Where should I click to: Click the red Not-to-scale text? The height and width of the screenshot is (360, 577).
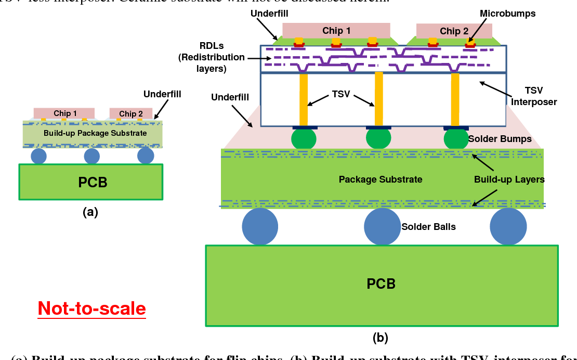92,308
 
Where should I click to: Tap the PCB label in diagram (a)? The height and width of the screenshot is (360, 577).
93,182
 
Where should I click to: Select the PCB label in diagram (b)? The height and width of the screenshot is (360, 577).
381,284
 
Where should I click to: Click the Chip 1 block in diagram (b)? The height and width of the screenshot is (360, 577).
336,31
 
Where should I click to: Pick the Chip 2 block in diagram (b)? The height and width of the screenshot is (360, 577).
454,31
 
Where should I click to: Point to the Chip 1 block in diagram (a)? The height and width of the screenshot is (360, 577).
65,113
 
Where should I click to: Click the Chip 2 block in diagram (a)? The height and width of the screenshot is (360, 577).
131,114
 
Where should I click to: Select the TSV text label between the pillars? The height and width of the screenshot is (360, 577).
342,95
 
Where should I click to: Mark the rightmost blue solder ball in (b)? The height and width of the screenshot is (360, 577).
504,227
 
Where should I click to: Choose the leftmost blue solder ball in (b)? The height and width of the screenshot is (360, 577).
260,227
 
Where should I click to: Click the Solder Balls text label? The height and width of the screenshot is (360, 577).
428,227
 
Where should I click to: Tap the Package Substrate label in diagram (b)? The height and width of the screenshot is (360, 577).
381,179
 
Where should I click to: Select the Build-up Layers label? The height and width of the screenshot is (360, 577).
509,179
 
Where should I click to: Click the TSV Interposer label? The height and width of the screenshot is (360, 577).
533,96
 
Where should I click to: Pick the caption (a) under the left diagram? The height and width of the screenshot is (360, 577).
90,212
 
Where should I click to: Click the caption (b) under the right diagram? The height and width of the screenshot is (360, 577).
381,338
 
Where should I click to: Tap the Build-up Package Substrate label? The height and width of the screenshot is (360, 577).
95,133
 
